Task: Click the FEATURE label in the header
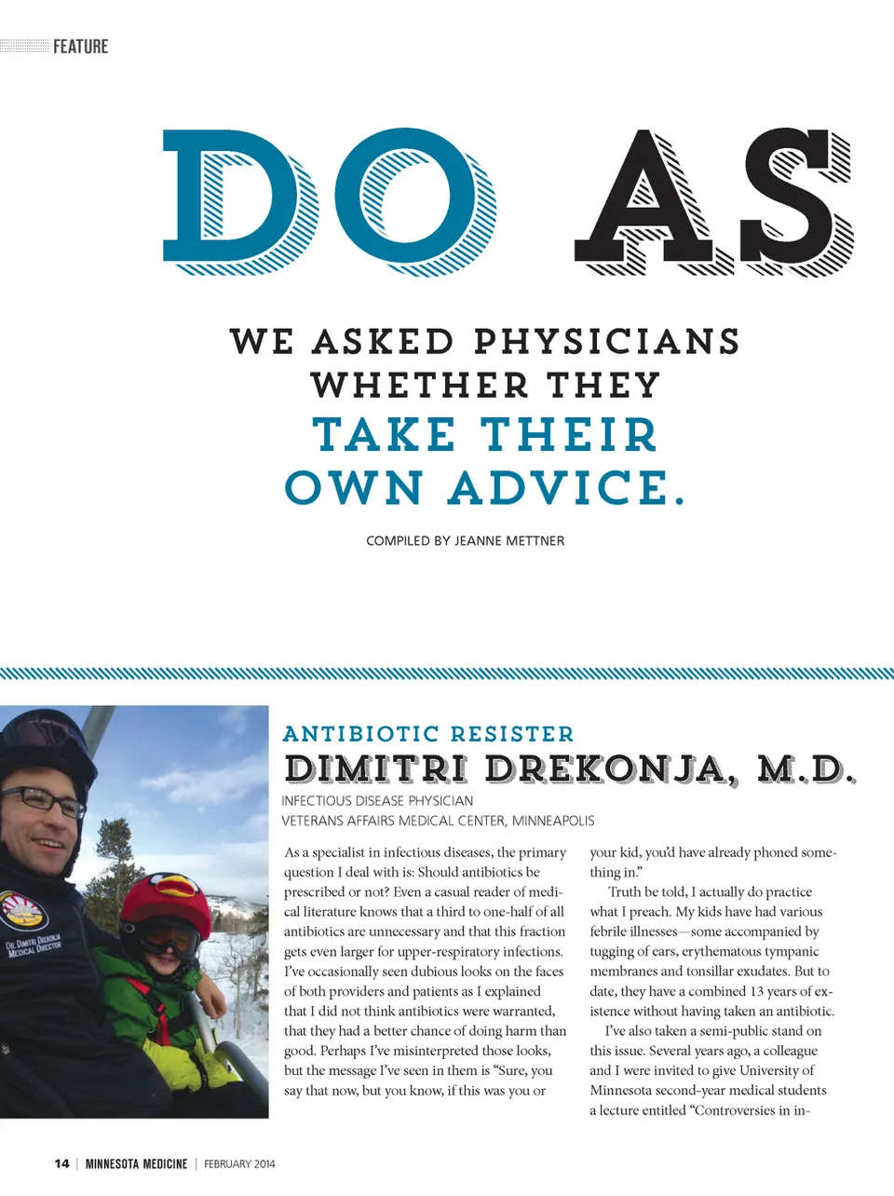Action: pos(80,47)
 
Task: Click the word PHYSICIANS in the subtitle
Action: pos(606,342)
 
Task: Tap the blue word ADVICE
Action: pos(566,487)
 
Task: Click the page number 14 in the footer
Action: pos(61,1163)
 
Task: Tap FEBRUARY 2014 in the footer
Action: pos(239,1163)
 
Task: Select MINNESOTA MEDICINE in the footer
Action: pos(136,1163)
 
